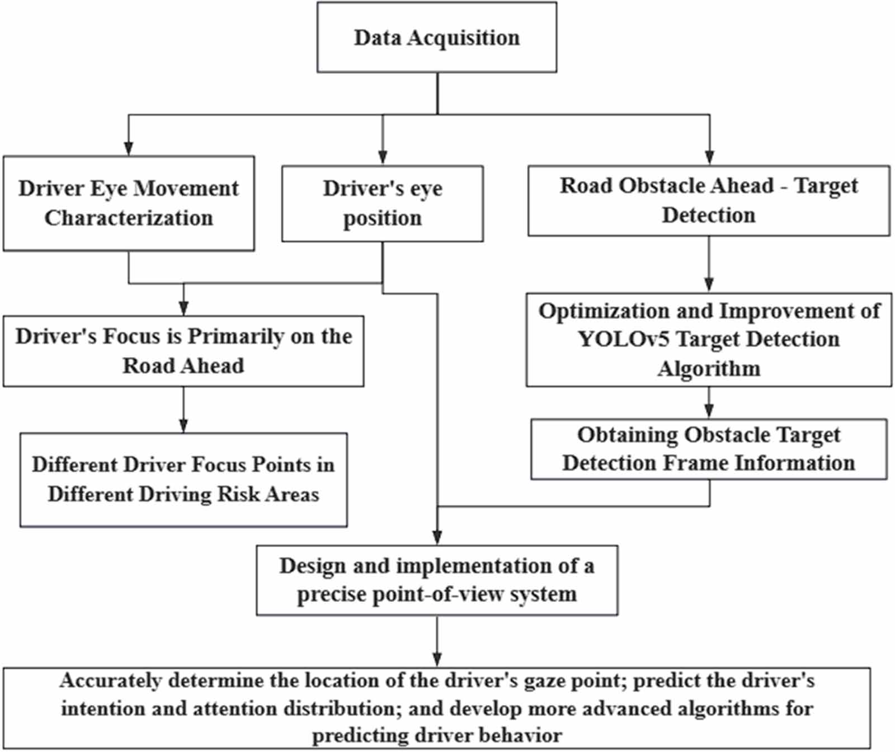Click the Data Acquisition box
[x=437, y=37]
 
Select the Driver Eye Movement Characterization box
[x=129, y=203]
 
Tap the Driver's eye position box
[x=383, y=203]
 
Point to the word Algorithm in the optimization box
[x=709, y=369]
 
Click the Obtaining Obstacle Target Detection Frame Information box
[x=709, y=449]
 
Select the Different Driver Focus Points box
[x=183, y=480]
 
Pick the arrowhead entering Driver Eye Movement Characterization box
[x=129, y=148]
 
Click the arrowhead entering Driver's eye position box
[x=383, y=157]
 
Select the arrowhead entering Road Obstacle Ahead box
[x=709, y=157]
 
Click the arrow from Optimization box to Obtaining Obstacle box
[x=709, y=403]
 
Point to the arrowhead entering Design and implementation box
[x=437, y=537]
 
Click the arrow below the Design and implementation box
[x=437, y=641]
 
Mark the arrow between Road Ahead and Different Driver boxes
[x=183, y=410]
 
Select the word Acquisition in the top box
[x=463, y=37]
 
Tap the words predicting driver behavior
[x=437, y=735]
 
